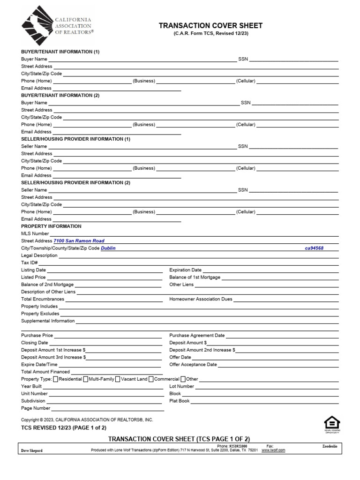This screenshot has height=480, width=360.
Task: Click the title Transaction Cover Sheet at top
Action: pyautogui.click(x=210, y=26)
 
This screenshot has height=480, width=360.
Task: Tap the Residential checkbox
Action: pyautogui.click(x=56, y=379)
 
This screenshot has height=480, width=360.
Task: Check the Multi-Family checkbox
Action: pyautogui.click(x=86, y=379)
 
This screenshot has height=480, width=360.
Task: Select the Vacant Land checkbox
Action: pyautogui.click(x=117, y=379)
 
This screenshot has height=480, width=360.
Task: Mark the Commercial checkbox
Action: pyautogui.click(x=151, y=379)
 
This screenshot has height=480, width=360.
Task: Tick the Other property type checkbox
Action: pyautogui.click(x=183, y=379)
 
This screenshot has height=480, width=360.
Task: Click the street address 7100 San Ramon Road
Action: pyautogui.click(x=79, y=241)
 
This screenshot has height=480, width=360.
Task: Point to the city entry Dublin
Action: pyautogui.click(x=108, y=248)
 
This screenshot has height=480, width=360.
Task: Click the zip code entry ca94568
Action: pyautogui.click(x=315, y=248)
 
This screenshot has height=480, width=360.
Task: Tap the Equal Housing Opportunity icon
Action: pyautogui.click(x=332, y=423)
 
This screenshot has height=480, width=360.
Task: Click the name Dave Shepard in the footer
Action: pyautogui.click(x=32, y=450)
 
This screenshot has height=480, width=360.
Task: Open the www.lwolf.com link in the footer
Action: pyautogui.click(x=273, y=450)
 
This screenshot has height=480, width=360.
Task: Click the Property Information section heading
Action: pyautogui.click(x=51, y=226)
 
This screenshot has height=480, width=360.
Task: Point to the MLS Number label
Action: pyautogui.click(x=35, y=233)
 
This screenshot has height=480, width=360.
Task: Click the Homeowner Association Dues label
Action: pyautogui.click(x=201, y=299)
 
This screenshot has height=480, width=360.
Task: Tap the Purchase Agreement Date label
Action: pyautogui.click(x=197, y=336)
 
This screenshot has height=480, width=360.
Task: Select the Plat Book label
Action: pyautogui.click(x=180, y=401)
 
